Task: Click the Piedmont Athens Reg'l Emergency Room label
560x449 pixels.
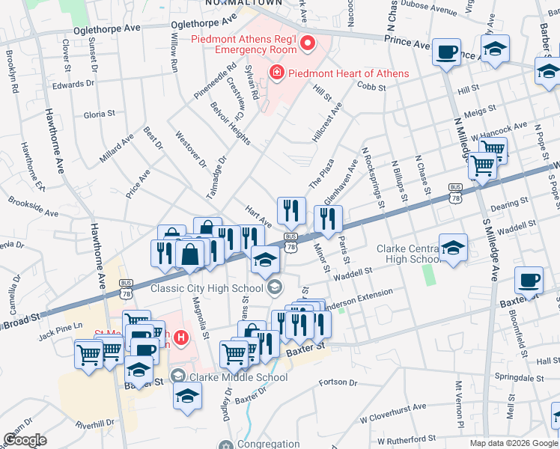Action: tap(244, 44)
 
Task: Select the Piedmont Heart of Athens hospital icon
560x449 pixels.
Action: tap(277, 73)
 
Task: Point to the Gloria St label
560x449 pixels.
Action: tap(99, 114)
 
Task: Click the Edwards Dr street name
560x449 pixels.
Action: tap(73, 85)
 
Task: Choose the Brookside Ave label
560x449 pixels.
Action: tap(33, 207)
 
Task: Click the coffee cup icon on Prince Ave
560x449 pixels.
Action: tap(447, 52)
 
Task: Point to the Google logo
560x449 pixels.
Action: tap(25, 440)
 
